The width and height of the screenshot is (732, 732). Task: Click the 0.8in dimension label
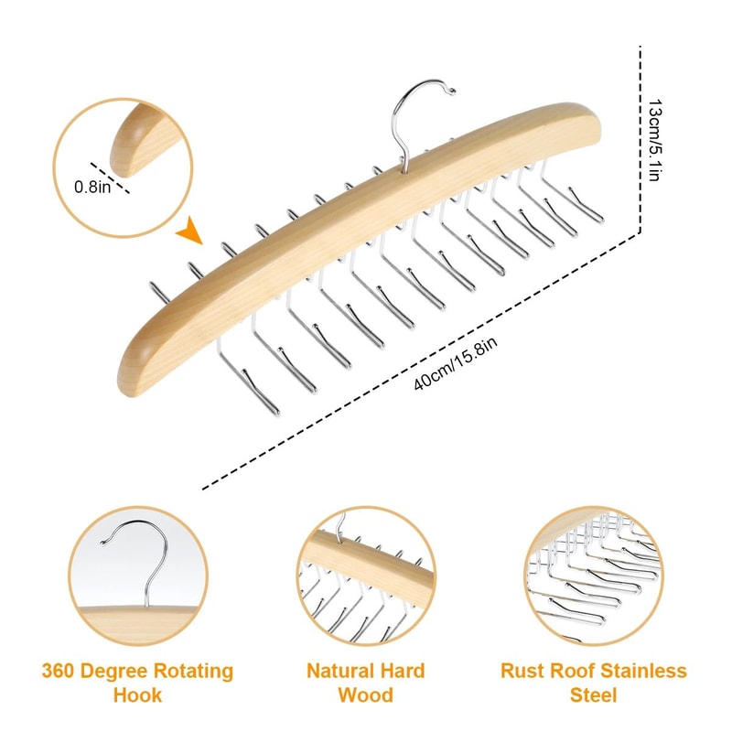click(x=91, y=187)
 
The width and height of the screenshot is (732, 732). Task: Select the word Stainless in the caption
click(x=640, y=672)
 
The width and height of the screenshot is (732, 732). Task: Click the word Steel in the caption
click(x=593, y=694)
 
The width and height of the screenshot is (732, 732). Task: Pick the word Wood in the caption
click(x=365, y=694)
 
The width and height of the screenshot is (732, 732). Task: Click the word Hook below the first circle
click(x=137, y=694)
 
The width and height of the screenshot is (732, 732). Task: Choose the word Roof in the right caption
click(x=567, y=672)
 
